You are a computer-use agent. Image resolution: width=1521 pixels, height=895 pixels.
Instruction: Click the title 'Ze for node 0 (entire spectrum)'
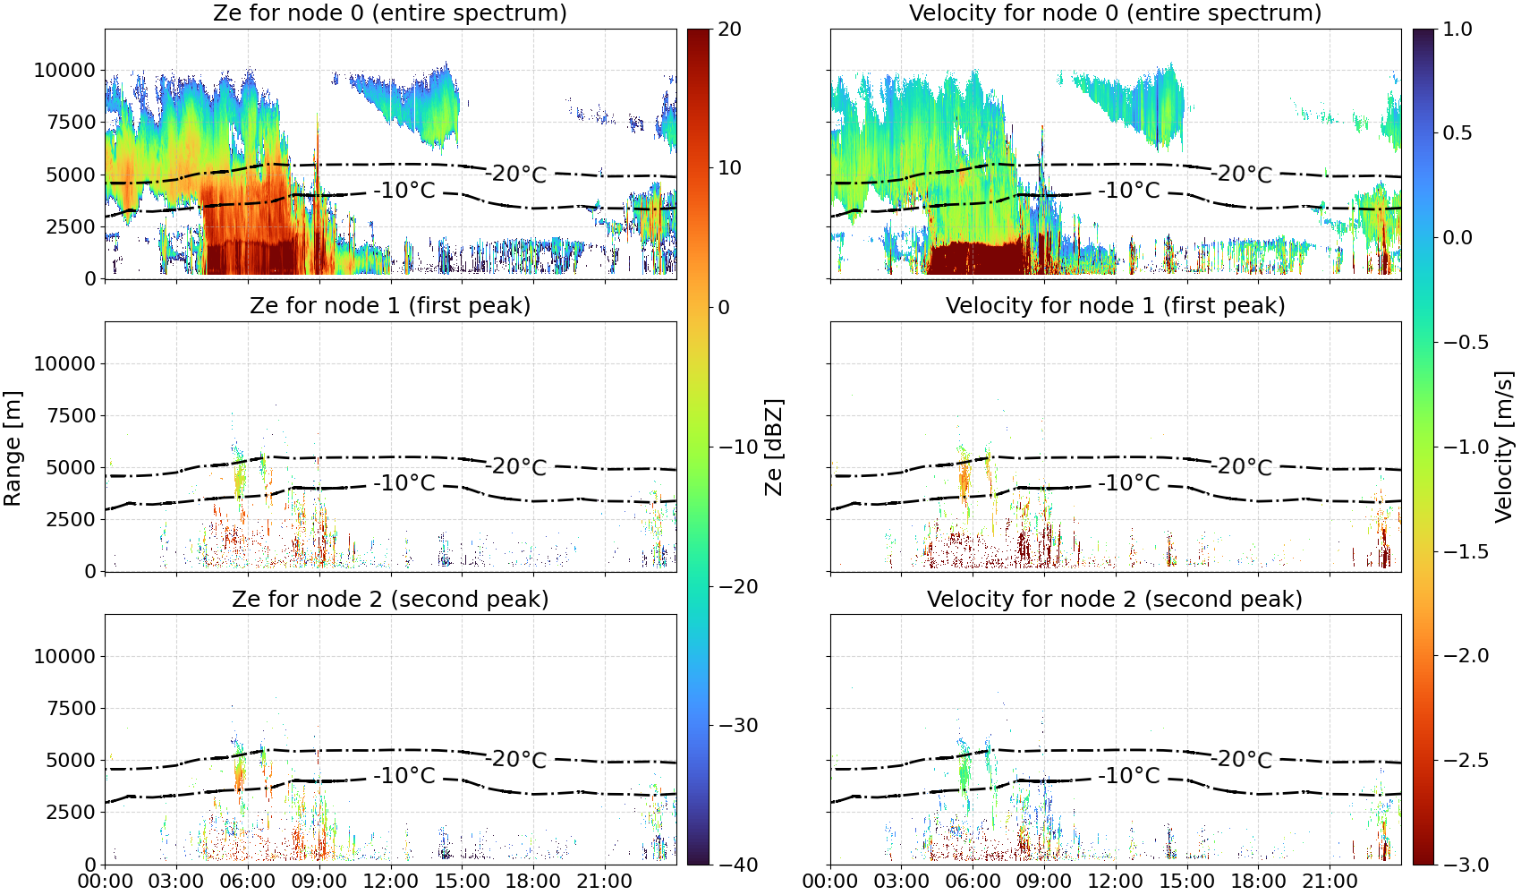(390, 13)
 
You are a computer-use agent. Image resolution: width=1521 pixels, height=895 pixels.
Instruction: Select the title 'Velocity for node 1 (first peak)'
(1115, 306)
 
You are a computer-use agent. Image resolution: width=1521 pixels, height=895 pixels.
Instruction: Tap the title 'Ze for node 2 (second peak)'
(390, 600)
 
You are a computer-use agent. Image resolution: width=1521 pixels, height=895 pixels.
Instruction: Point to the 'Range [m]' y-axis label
(13, 448)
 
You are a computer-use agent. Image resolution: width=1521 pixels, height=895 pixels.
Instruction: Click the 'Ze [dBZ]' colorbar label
(773, 447)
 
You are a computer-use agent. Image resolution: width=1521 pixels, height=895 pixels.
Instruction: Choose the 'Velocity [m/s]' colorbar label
(1504, 447)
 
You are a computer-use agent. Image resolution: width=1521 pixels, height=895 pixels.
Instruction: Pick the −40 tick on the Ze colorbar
(737, 865)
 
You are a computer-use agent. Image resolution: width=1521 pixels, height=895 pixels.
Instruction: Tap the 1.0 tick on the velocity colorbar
(1457, 30)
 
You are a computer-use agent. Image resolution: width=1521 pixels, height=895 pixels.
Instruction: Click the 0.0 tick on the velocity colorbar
(1457, 238)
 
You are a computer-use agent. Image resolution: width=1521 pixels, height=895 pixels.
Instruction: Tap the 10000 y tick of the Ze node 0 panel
(64, 71)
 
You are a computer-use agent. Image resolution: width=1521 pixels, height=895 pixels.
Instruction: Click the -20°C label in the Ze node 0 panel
(516, 175)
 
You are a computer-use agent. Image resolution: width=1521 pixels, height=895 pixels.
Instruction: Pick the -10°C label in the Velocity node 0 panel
(1129, 191)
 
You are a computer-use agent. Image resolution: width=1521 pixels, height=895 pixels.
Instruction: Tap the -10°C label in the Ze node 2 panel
(404, 775)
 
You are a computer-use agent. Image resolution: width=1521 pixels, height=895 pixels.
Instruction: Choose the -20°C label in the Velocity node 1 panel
(1241, 467)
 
